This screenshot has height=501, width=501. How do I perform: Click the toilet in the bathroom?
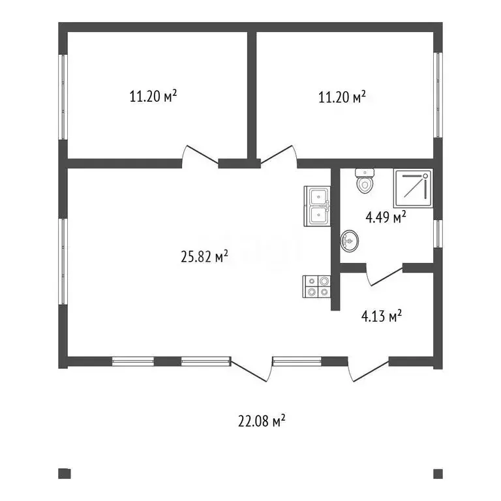(365, 181)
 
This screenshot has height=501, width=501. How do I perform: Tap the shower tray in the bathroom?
(413, 188)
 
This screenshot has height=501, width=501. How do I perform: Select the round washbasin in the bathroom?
(349, 241)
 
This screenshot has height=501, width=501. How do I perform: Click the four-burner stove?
(316, 286)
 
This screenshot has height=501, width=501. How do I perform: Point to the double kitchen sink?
(317, 206)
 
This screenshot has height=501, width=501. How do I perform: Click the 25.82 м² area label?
(204, 256)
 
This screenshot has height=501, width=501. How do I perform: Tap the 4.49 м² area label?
(386, 217)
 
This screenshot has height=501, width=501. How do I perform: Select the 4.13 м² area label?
(382, 316)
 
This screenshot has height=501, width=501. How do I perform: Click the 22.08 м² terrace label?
(262, 421)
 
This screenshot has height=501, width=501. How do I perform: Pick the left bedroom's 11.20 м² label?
(153, 96)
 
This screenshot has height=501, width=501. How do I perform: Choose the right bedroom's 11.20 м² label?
(342, 97)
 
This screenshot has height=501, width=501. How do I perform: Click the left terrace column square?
(64, 474)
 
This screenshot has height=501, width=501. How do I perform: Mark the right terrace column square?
(438, 474)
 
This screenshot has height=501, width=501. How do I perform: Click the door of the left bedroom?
(200, 157)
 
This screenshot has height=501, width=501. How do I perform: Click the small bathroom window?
(438, 234)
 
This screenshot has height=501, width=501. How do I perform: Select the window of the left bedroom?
(63, 97)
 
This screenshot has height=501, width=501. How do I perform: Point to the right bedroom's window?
(438, 95)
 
